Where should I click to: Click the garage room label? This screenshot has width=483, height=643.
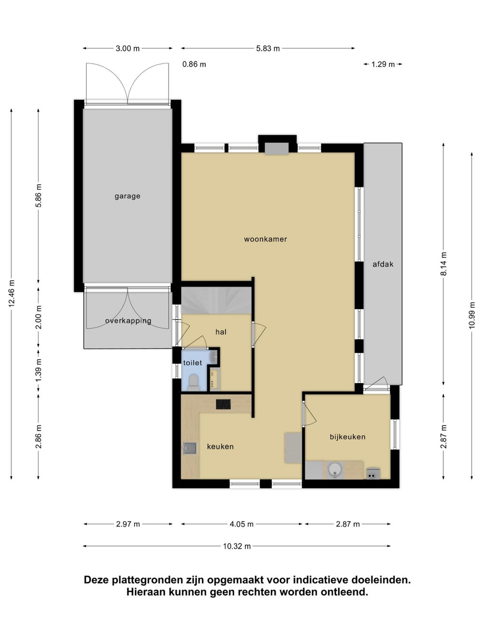click(x=128, y=196)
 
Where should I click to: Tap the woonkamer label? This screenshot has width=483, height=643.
click(x=265, y=239)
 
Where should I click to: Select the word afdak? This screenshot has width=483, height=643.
click(x=383, y=264)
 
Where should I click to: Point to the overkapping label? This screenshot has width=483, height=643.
click(x=128, y=321)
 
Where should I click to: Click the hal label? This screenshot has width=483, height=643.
click(x=221, y=332)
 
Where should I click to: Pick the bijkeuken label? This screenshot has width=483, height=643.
click(x=347, y=437)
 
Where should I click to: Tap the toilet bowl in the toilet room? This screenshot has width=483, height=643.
click(x=194, y=383)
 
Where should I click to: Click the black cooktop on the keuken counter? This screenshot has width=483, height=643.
click(x=223, y=404)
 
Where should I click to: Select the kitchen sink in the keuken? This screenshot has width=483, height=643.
click(x=190, y=448)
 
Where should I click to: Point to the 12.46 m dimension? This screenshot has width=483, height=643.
click(x=12, y=294)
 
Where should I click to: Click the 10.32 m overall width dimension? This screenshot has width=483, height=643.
click(x=237, y=546)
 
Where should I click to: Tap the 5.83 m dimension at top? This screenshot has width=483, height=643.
click(x=268, y=48)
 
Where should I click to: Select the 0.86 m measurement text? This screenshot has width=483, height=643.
click(x=194, y=64)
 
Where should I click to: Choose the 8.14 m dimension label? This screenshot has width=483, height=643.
click(x=443, y=264)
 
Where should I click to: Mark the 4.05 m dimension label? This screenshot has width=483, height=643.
click(x=241, y=524)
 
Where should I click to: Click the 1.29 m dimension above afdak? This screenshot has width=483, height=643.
click(x=383, y=64)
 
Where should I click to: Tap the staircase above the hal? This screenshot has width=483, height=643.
click(x=216, y=300)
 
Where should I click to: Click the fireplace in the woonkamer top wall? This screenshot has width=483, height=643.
click(x=277, y=149)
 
